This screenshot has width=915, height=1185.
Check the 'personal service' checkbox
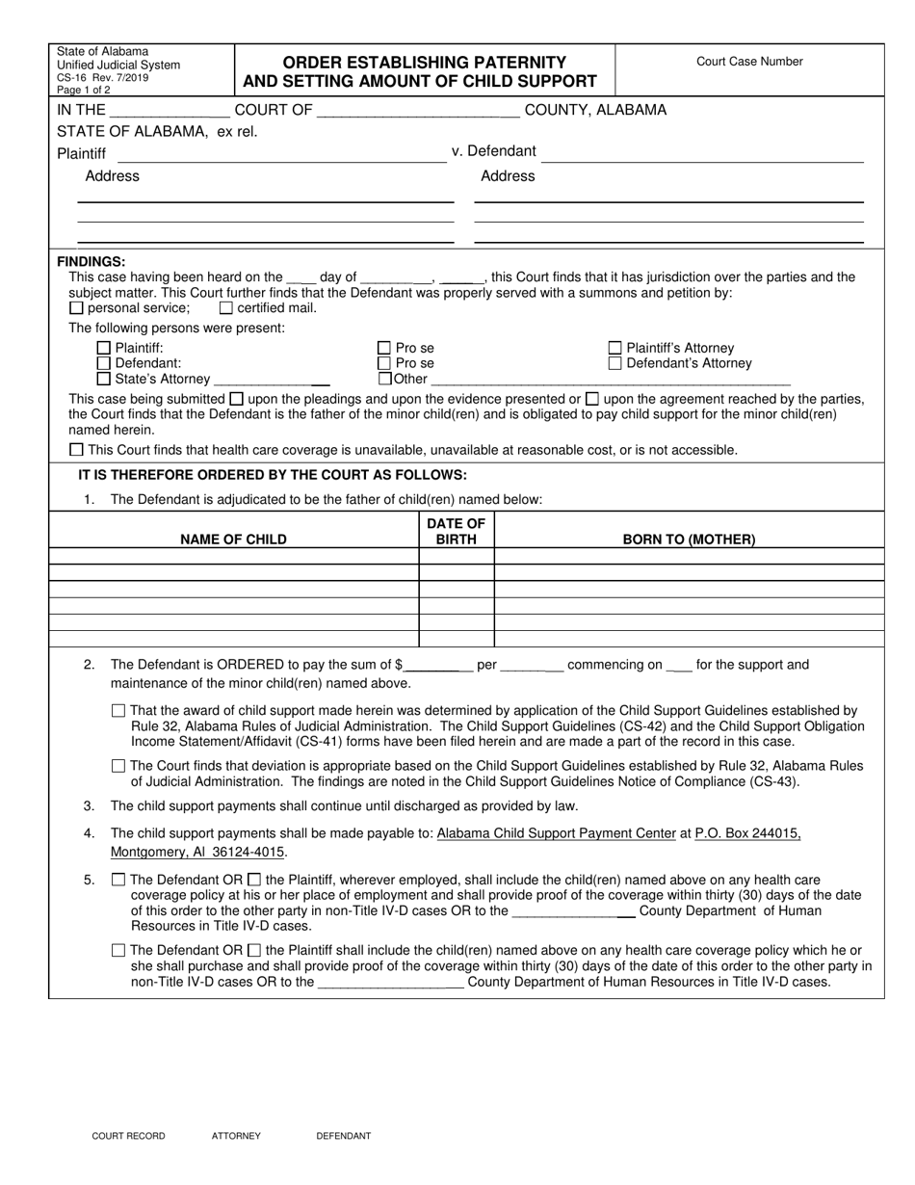[77, 308]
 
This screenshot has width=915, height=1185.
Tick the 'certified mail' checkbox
[226, 308]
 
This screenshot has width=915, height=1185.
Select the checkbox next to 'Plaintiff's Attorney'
[615, 349]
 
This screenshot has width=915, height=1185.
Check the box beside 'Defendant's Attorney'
[615, 364]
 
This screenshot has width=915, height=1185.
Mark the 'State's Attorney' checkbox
[104, 380]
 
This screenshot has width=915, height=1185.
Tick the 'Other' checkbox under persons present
[384, 380]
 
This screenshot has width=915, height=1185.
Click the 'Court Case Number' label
[749, 62]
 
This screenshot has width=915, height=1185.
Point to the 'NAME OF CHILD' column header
[233, 540]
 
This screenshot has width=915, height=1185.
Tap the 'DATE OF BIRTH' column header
[457, 531]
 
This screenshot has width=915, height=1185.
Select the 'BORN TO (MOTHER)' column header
[689, 540]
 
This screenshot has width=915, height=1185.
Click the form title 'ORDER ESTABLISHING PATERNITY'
[425, 62]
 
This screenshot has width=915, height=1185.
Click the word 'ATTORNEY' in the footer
[236, 1136]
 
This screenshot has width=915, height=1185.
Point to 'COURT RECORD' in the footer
[128, 1136]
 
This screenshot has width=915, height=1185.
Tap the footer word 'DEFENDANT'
[344, 1136]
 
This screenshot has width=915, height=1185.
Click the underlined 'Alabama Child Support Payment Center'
[556, 834]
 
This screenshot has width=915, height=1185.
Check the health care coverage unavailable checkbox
[77, 450]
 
